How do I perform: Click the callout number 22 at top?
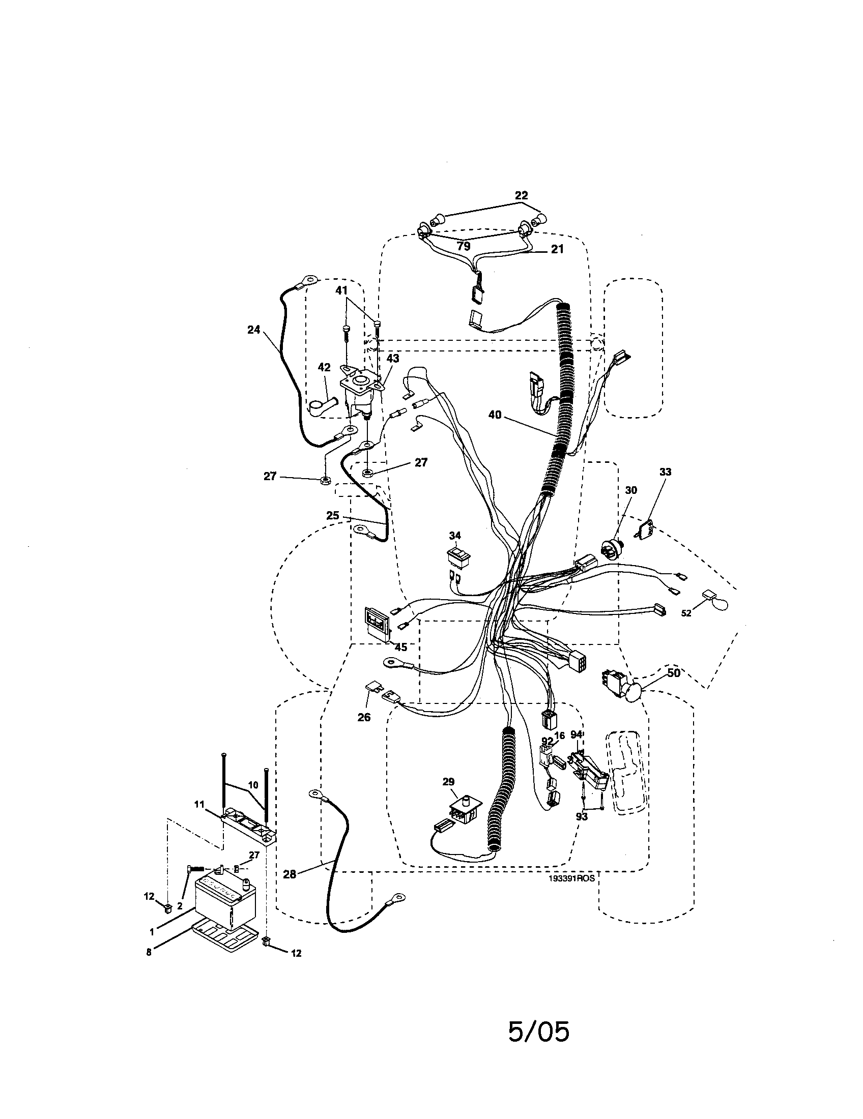coord(521,195)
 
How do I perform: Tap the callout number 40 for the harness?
coord(495,415)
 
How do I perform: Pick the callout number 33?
coord(665,472)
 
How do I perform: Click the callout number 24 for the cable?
coord(254,330)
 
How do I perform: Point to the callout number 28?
coord(290,874)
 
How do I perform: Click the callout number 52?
coord(686,613)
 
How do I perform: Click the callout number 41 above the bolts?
coord(341,290)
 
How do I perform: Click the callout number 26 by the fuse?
coord(364,717)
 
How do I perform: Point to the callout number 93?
coord(582,817)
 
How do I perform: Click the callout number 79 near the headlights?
coord(464,247)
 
